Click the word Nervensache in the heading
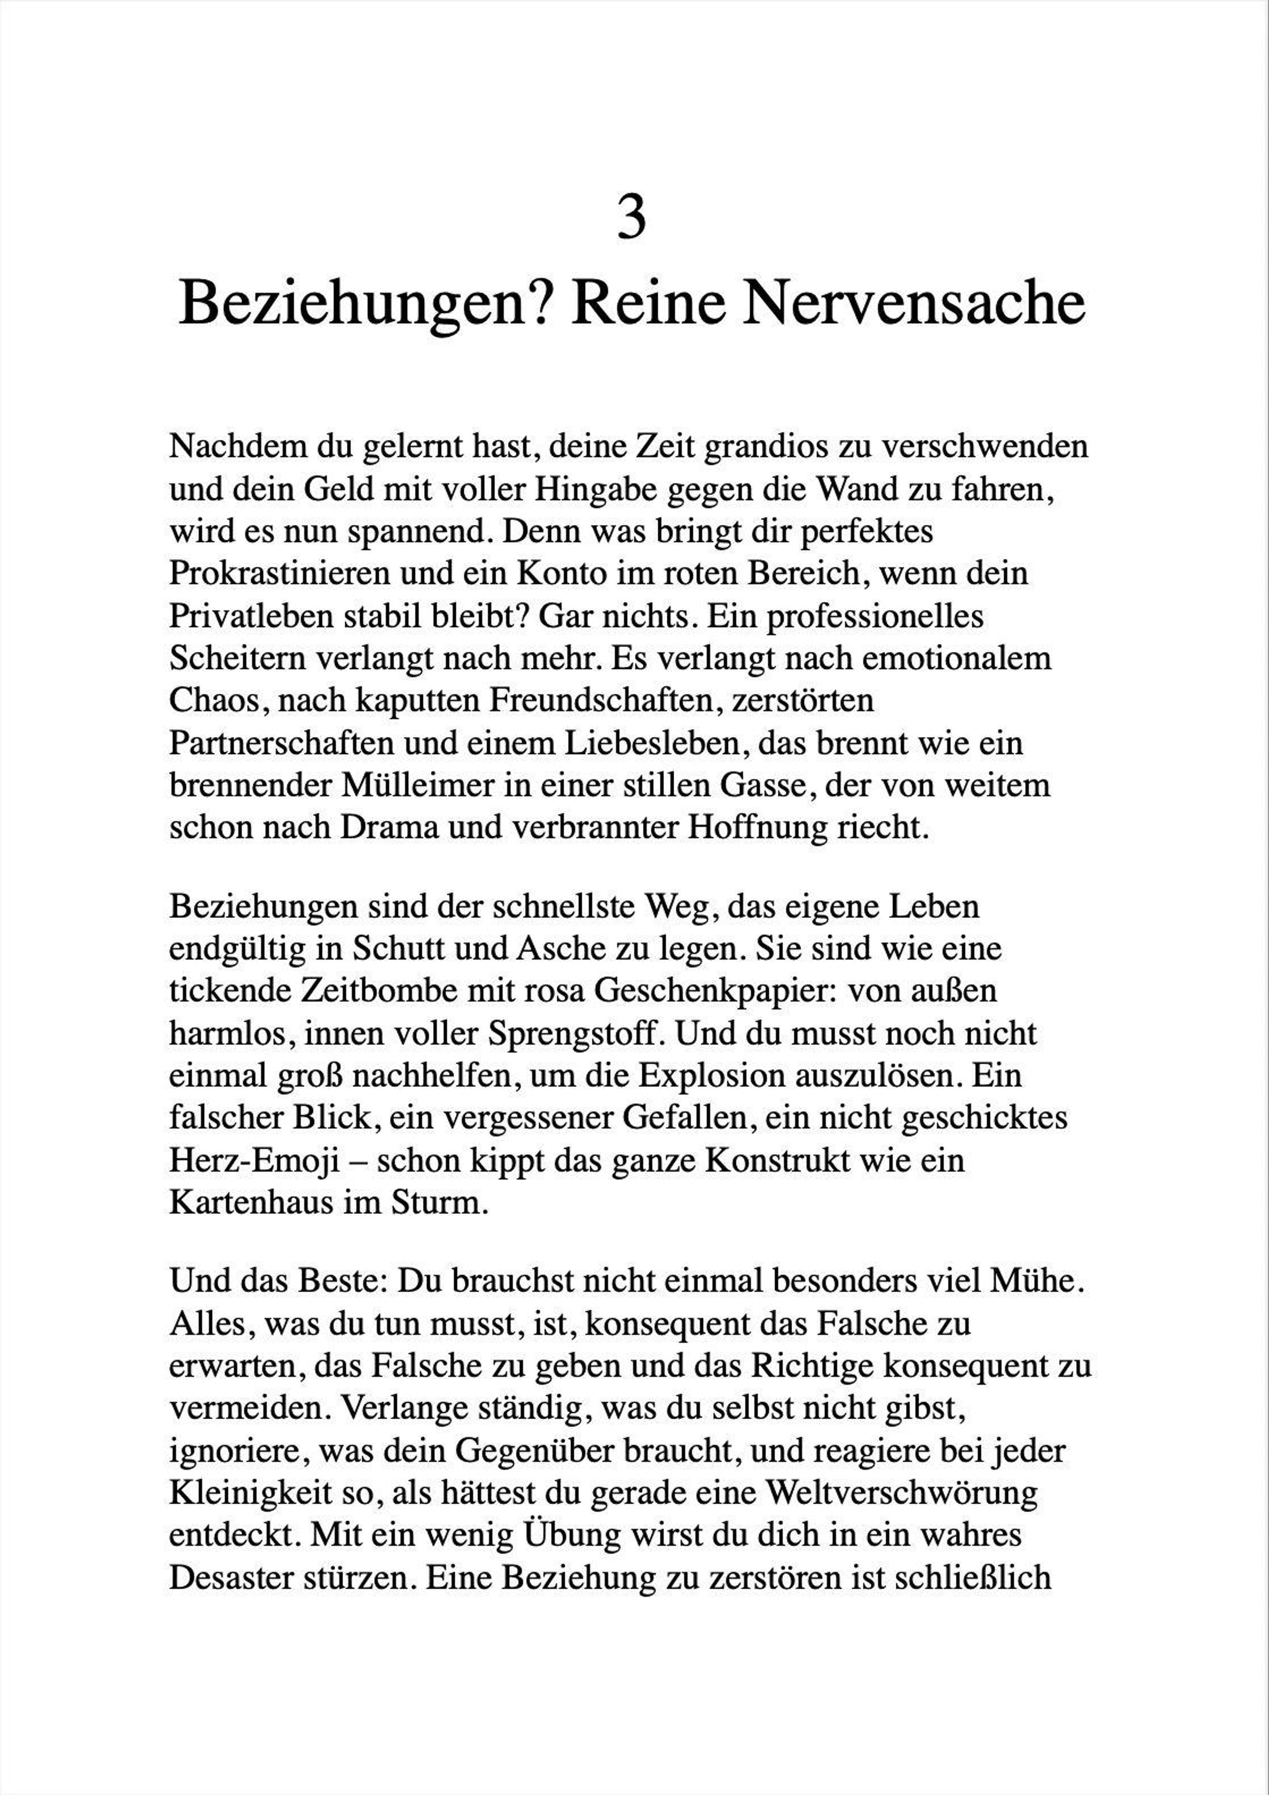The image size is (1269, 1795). click(x=913, y=303)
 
